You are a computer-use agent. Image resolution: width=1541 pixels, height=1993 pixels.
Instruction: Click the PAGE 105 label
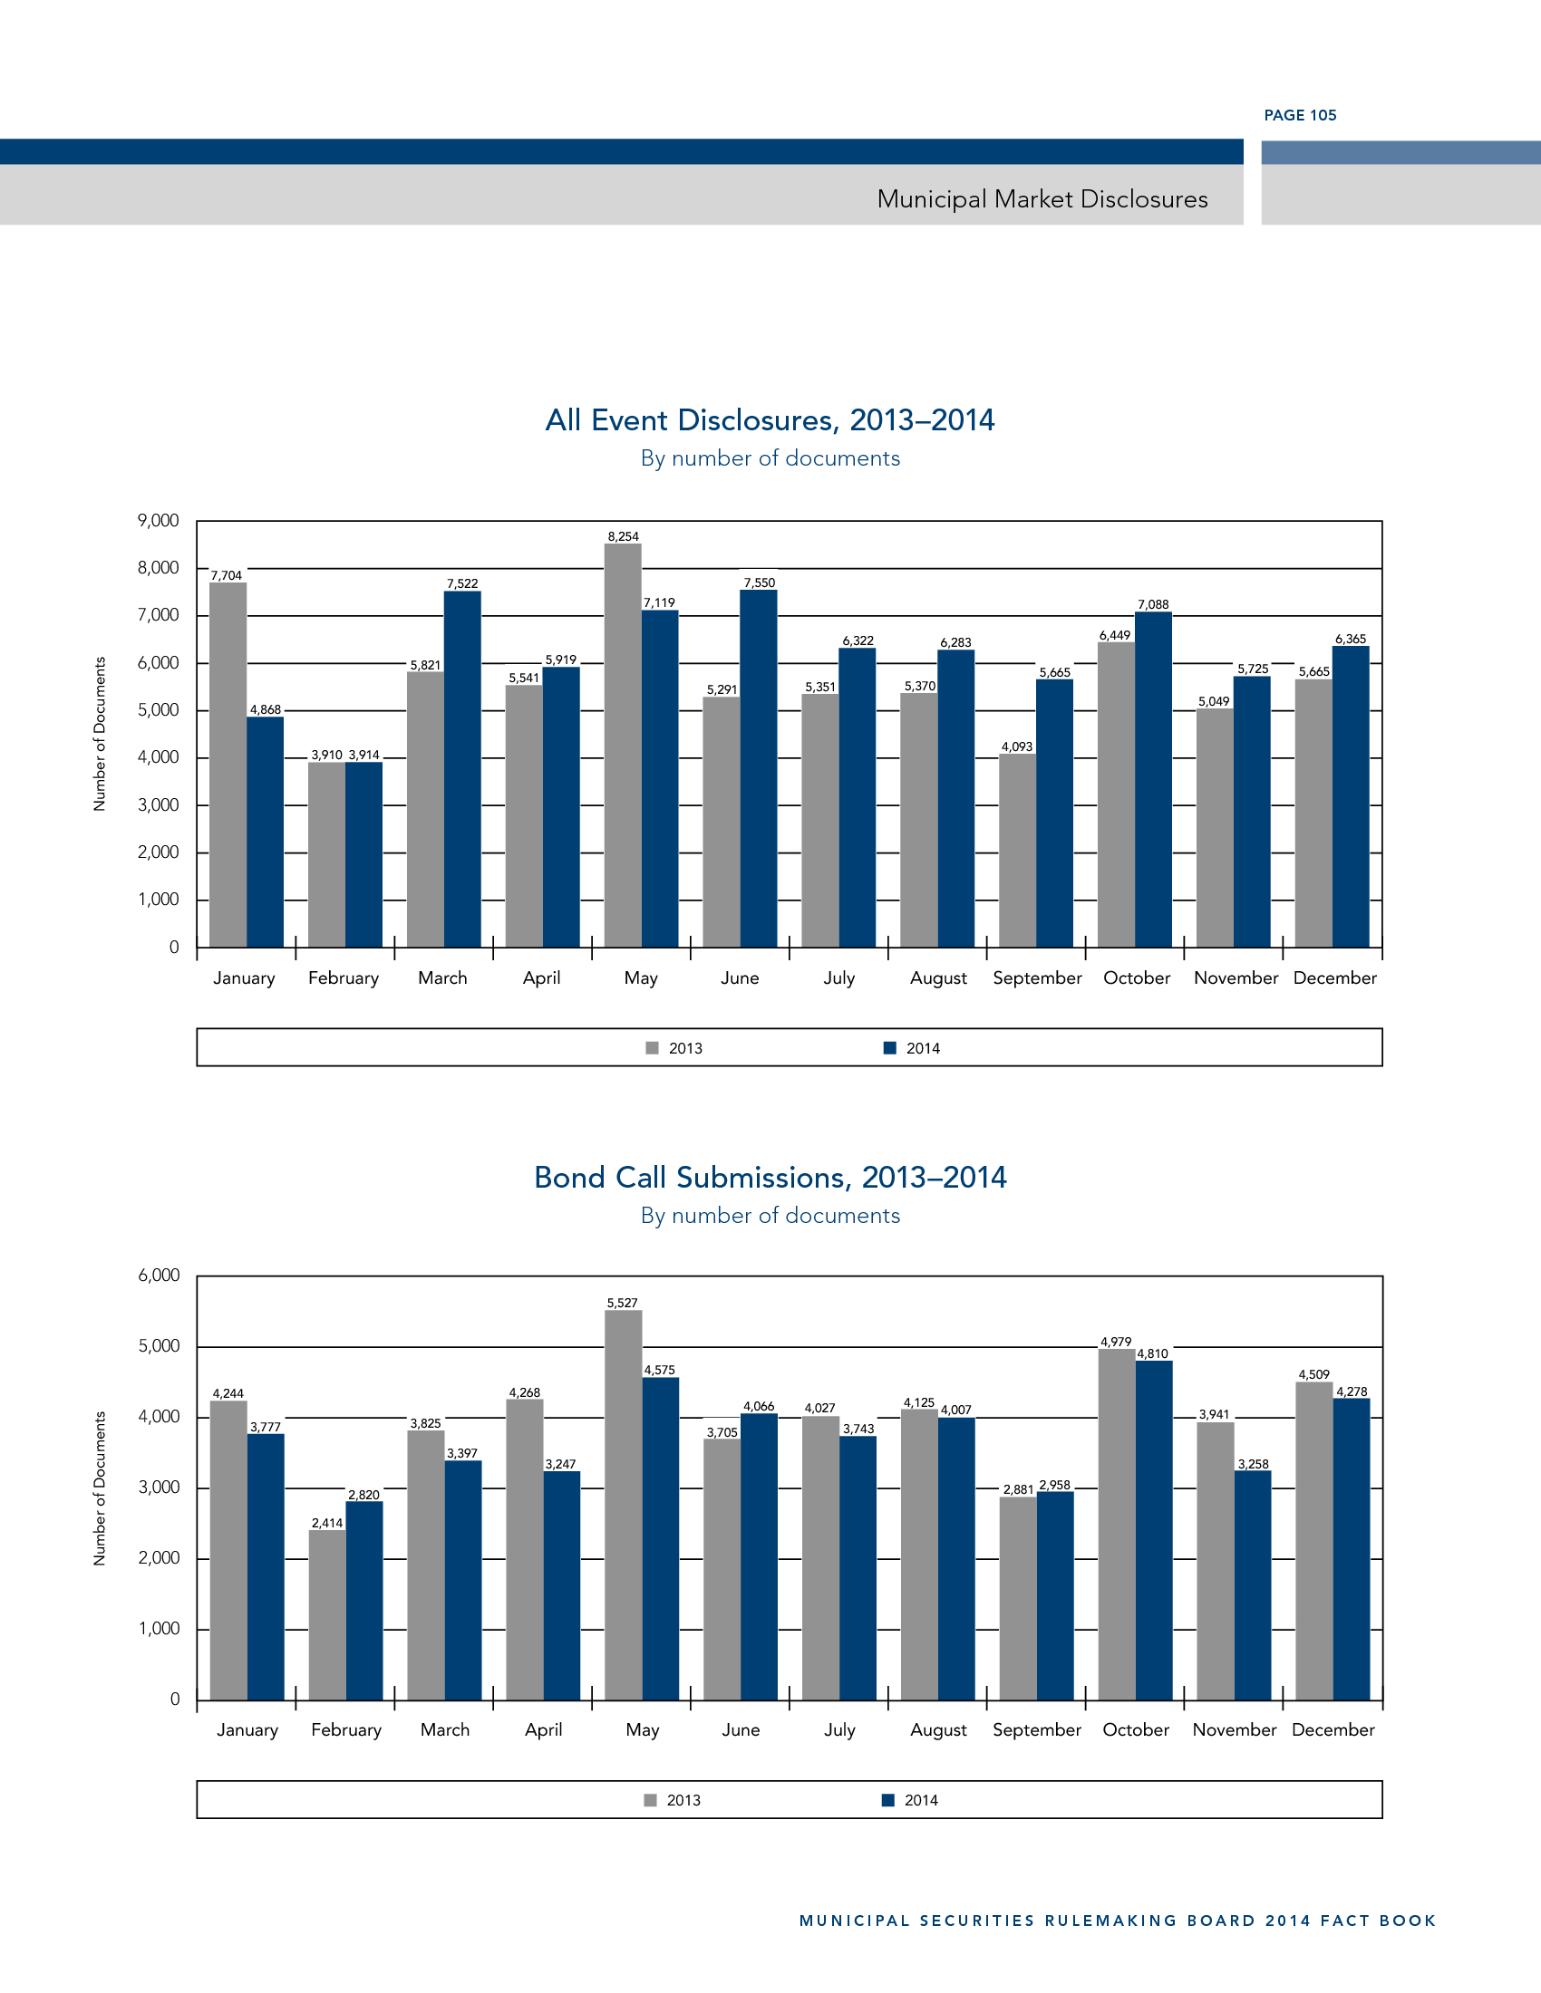pyautogui.click(x=1299, y=115)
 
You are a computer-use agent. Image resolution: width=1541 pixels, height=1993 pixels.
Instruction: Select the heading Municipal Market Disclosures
pyautogui.click(x=1042, y=199)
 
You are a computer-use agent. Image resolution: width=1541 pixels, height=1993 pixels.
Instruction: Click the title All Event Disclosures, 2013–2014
pyautogui.click(x=770, y=419)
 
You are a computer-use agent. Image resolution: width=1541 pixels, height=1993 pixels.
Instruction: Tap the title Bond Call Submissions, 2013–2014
pyautogui.click(x=770, y=1177)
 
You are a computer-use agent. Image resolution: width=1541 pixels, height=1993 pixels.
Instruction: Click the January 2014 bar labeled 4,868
pyautogui.click(x=266, y=832)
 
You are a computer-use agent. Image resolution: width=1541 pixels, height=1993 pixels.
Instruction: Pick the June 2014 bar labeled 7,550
pyautogui.click(x=759, y=768)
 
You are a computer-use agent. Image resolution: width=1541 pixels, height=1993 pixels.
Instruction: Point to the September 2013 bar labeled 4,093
pyautogui.click(x=1017, y=850)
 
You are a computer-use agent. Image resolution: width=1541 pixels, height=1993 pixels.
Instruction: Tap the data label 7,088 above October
pyautogui.click(x=1152, y=604)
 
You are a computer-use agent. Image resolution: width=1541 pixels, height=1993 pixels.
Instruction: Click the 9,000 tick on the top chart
pyautogui.click(x=158, y=521)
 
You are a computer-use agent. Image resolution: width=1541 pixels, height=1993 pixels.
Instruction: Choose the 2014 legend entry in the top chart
pyautogui.click(x=912, y=1048)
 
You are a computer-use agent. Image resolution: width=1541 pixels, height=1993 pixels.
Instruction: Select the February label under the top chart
pyautogui.click(x=344, y=978)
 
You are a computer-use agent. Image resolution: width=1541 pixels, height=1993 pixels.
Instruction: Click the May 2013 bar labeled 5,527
pyautogui.click(x=623, y=1505)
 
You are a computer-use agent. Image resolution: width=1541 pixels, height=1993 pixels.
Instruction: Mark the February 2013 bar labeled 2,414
pyautogui.click(x=327, y=1614)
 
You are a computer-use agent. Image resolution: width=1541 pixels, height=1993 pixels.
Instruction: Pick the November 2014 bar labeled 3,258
pyautogui.click(x=1253, y=1585)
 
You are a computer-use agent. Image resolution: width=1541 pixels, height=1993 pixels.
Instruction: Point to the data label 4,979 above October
pyautogui.click(x=1115, y=1343)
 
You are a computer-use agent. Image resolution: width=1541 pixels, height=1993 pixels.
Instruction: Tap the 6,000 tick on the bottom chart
pyautogui.click(x=159, y=1276)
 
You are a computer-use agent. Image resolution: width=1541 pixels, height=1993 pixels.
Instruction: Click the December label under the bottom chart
pyautogui.click(x=1333, y=1730)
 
